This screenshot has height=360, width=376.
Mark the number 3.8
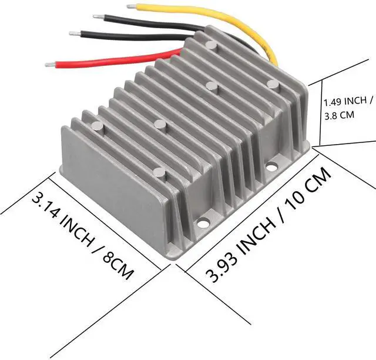pos(330,116)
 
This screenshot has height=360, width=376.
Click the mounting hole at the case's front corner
pos(204,223)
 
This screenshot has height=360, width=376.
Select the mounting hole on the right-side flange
pos(271,167)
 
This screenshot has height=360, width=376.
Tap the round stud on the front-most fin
pos(159,173)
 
